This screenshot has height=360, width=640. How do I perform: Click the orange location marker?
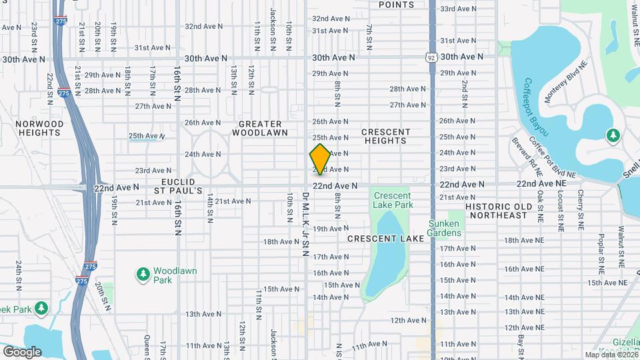321,159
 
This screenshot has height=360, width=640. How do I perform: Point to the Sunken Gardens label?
445,228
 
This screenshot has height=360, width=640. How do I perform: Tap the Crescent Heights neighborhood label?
385,136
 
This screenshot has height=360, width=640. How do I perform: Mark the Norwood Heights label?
31,128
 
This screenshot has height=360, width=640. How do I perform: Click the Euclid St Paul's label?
178,186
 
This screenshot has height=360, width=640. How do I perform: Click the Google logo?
22,351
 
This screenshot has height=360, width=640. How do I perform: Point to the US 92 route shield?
432,57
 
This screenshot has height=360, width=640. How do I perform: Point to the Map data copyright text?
611,355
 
